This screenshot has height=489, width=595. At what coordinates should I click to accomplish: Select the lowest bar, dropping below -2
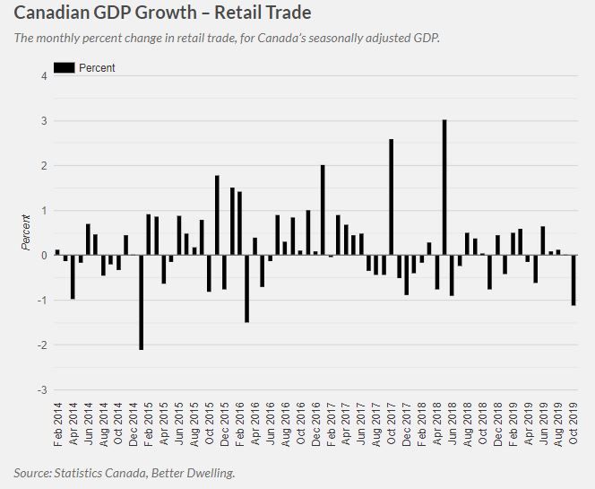142,301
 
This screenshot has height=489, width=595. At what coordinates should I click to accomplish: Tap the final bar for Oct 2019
573,280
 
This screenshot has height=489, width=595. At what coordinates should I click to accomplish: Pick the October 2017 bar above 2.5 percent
392,196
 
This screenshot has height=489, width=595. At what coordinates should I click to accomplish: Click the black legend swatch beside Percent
64,67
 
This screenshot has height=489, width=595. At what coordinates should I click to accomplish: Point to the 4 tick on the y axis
44,76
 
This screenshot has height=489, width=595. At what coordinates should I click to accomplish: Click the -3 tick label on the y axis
42,390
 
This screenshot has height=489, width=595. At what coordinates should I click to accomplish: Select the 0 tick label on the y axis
44,256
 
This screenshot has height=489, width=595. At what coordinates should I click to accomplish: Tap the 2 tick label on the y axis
44,166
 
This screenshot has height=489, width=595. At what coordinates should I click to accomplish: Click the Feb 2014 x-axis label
58,430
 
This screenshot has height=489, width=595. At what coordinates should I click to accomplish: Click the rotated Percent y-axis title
27,232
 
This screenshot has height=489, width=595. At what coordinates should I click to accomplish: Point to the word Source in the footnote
32,472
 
